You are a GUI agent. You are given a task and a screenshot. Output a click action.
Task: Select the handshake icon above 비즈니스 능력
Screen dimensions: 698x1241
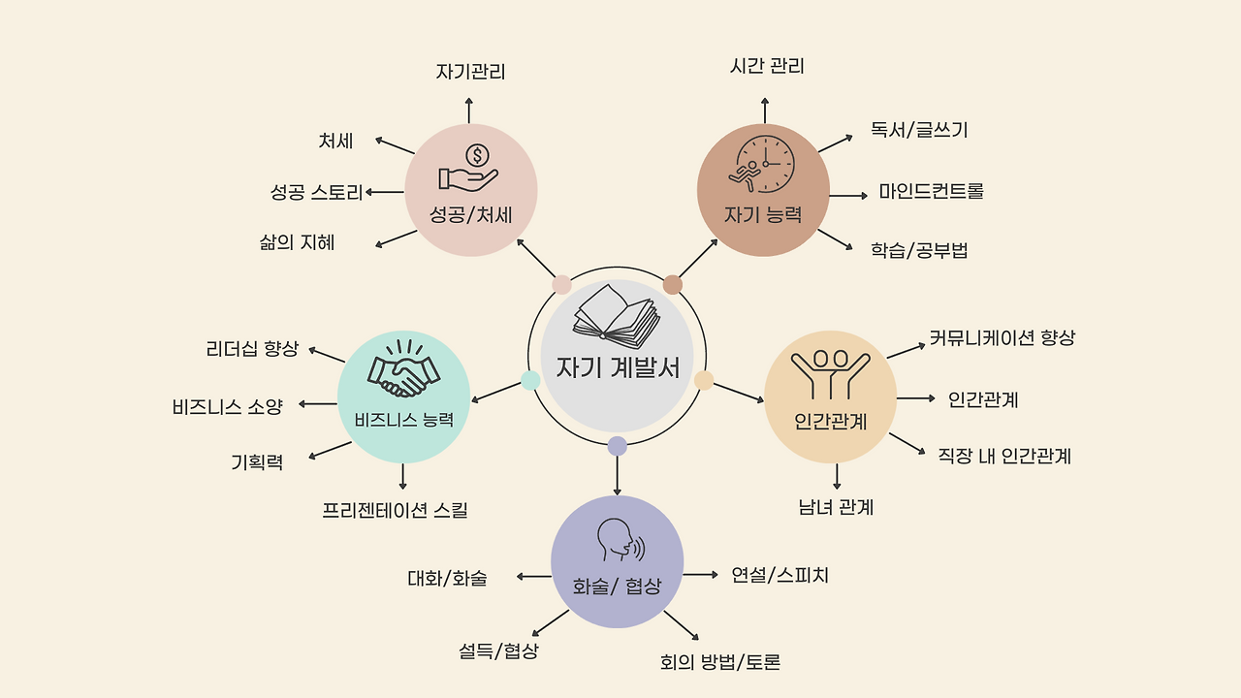point(403,369)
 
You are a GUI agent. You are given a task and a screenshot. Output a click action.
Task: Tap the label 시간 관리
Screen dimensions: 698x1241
point(767,66)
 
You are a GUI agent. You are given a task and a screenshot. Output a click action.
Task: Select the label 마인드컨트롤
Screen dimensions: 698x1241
point(931,191)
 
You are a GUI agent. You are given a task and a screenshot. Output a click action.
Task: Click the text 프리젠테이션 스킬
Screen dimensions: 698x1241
point(395,510)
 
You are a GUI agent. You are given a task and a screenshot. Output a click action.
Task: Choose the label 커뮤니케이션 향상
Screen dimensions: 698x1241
point(1002,338)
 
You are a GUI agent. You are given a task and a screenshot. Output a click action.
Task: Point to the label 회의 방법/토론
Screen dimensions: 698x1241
point(719,662)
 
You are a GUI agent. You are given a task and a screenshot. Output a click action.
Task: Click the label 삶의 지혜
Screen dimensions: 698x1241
point(297,242)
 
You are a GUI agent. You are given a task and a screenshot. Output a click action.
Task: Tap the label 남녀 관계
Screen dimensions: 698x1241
point(836,507)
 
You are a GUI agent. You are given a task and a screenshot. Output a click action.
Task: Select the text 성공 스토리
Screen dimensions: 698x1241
point(316,192)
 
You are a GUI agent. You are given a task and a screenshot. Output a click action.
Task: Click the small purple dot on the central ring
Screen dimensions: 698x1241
point(617,446)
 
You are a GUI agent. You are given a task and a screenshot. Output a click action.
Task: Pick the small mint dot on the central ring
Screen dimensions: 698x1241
point(530,380)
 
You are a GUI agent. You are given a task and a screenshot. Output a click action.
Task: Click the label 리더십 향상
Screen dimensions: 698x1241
point(252,349)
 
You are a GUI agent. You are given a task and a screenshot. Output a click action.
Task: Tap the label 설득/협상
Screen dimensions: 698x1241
point(498,650)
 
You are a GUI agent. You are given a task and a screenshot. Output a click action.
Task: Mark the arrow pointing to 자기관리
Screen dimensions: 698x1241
point(469,110)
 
